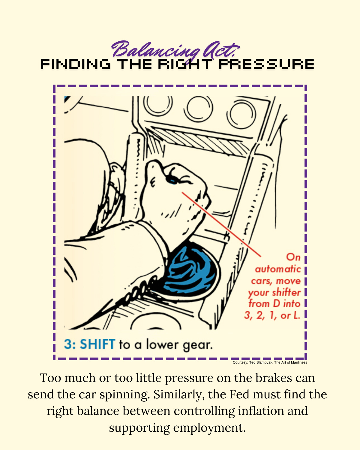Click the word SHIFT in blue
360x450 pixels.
[x=97, y=344]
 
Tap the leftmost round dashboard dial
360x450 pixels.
[x=158, y=103]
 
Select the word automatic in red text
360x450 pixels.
[x=278, y=269]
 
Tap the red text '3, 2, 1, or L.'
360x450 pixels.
[x=272, y=316]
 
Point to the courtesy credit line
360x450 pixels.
[x=270, y=362]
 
